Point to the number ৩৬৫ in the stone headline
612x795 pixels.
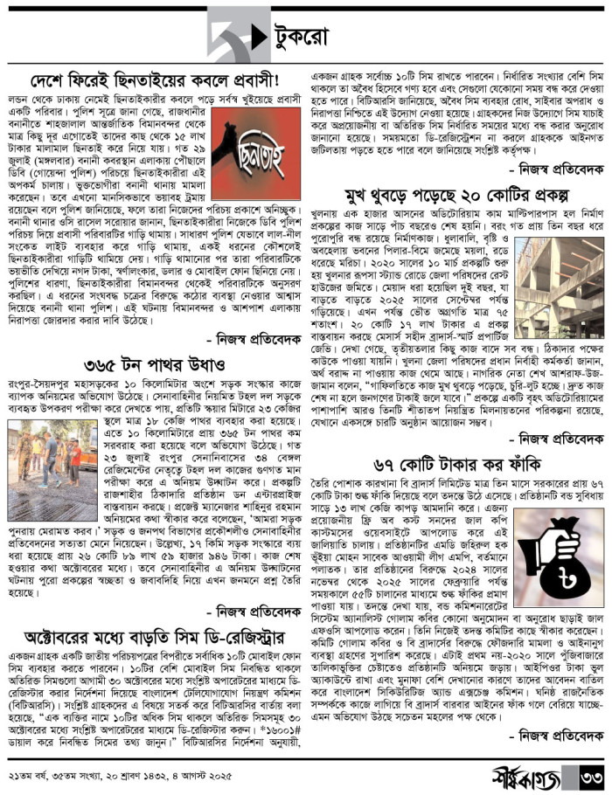click(x=125, y=362)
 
